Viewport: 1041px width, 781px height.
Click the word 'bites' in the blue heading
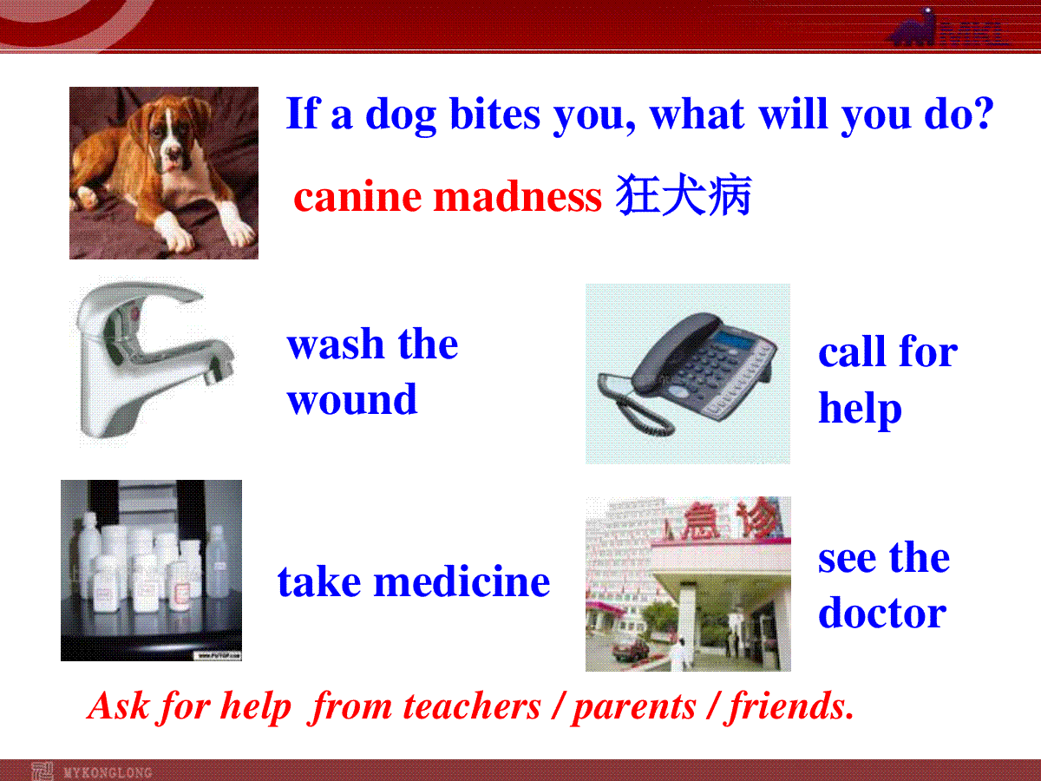[x=494, y=114]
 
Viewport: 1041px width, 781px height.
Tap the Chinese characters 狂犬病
[x=684, y=195]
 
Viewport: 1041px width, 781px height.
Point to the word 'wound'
[x=352, y=399]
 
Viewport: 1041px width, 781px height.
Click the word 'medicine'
[x=462, y=581]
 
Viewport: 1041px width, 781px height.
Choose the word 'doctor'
[x=882, y=612]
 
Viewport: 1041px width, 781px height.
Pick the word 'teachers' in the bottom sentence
[x=471, y=706]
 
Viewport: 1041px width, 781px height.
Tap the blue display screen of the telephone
[x=734, y=339]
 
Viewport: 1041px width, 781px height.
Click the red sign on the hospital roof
[x=733, y=518]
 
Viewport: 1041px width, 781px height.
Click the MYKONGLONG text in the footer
[x=108, y=772]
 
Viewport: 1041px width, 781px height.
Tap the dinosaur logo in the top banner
[x=913, y=28]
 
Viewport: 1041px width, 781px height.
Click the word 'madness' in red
[x=517, y=197]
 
